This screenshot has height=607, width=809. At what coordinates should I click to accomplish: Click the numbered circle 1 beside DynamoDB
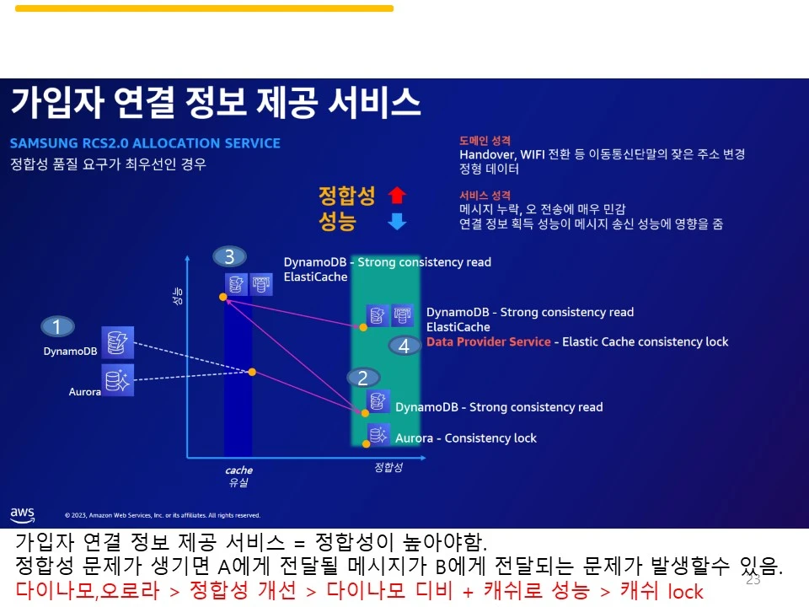[57, 327]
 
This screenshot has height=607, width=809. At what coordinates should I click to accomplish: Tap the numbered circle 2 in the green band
[363, 378]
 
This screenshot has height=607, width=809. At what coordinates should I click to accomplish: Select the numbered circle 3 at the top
[229, 257]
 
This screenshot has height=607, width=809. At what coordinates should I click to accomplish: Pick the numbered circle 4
[404, 346]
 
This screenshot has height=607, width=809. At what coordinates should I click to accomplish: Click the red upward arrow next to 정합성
[397, 196]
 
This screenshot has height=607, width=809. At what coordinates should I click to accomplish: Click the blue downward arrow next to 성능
[397, 222]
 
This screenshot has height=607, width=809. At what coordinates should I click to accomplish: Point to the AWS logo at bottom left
[23, 513]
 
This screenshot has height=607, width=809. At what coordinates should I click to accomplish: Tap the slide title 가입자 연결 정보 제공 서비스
[215, 103]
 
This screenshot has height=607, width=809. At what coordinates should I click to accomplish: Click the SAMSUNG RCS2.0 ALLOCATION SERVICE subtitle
[145, 143]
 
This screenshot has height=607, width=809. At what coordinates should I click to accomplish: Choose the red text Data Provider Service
[489, 341]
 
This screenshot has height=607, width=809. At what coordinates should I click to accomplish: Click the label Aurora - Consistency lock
[465, 438]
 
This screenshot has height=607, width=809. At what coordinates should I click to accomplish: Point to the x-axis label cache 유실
[238, 476]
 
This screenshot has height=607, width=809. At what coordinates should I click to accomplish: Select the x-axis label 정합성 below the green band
[388, 467]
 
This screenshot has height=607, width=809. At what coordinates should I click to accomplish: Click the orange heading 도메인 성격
[485, 141]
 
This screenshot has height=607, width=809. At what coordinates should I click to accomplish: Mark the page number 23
[753, 580]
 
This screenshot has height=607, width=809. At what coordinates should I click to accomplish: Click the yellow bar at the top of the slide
[204, 8]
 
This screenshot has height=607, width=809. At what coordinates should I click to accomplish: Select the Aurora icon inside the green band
[378, 435]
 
